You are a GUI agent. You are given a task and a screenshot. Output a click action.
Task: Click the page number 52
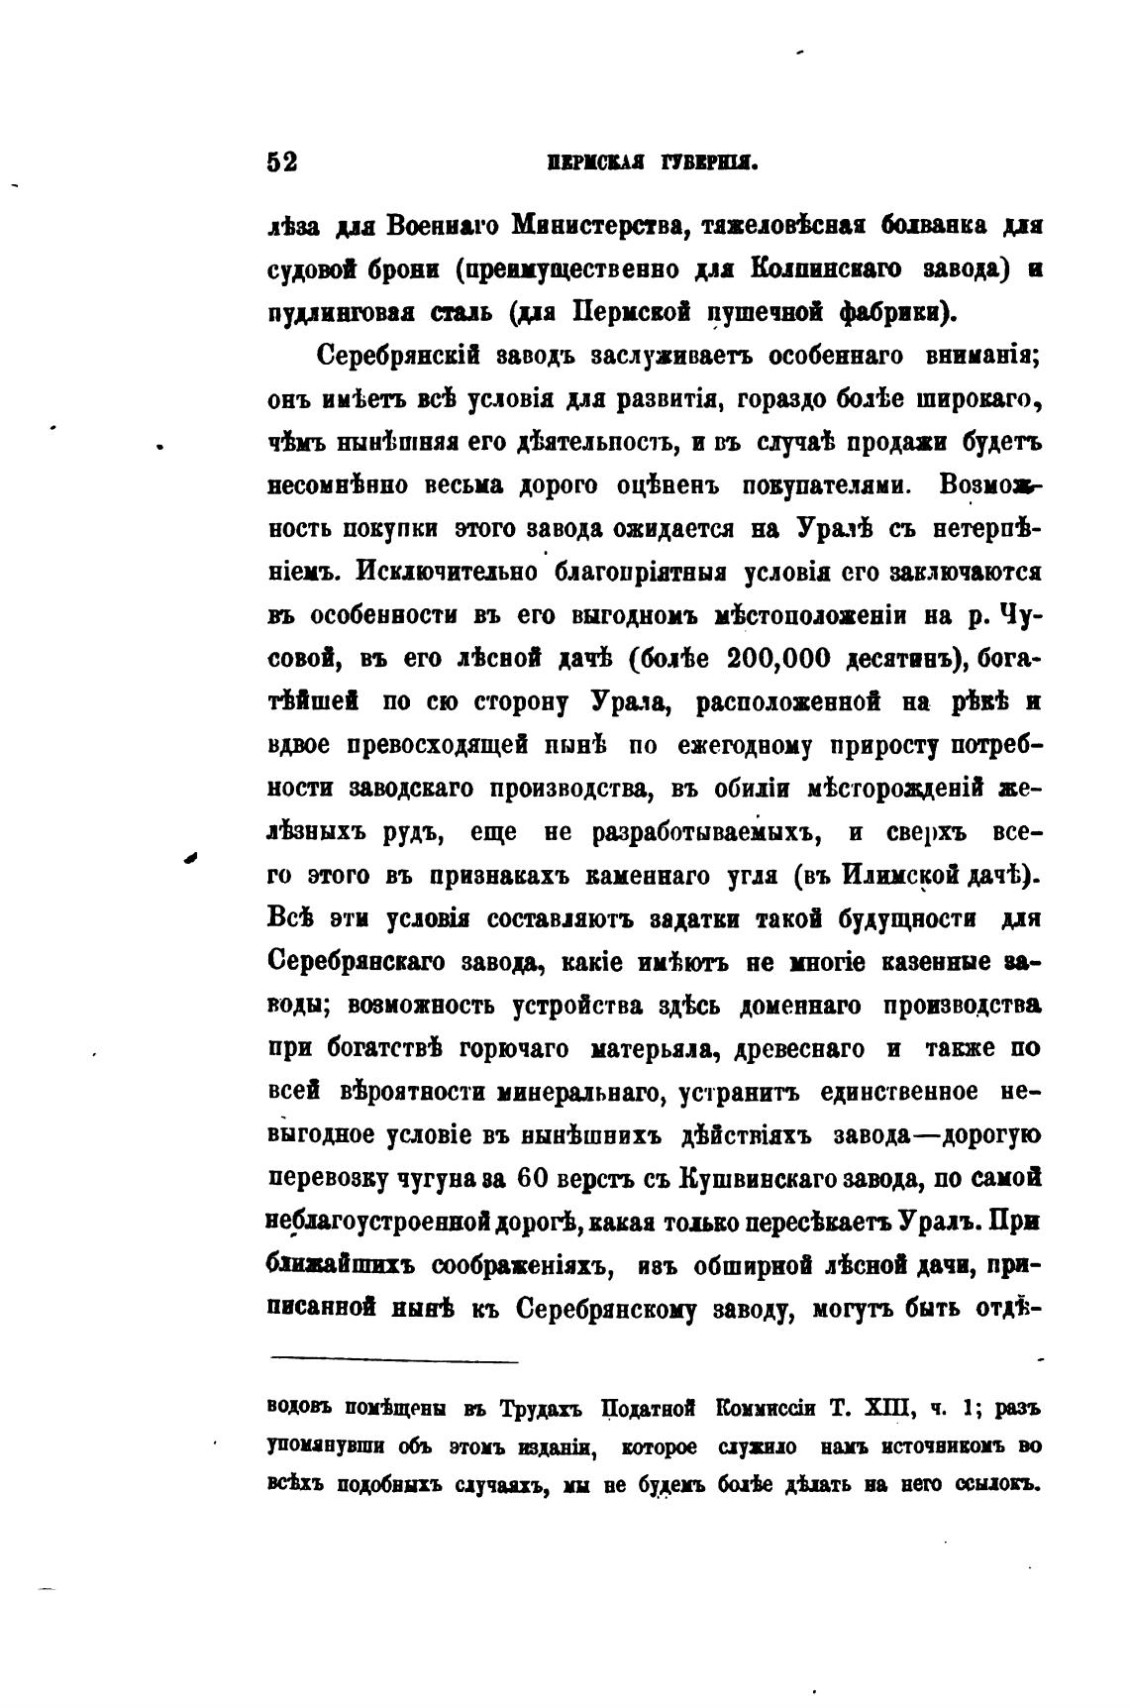(282, 162)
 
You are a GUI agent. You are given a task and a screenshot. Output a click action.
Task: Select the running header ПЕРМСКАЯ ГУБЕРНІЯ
(652, 163)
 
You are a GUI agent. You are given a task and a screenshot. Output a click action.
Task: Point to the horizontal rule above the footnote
(393, 1360)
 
